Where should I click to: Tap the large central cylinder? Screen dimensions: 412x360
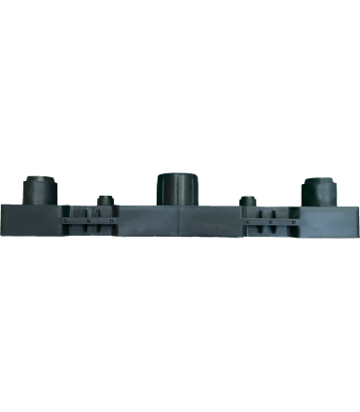179,190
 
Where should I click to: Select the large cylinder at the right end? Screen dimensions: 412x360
319,190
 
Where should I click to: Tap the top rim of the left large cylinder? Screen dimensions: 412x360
40,178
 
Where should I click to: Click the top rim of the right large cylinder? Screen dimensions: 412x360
319,180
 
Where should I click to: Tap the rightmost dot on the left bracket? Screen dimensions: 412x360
112,221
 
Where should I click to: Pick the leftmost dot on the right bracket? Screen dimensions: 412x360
248,221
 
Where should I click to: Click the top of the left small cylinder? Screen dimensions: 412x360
104,197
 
